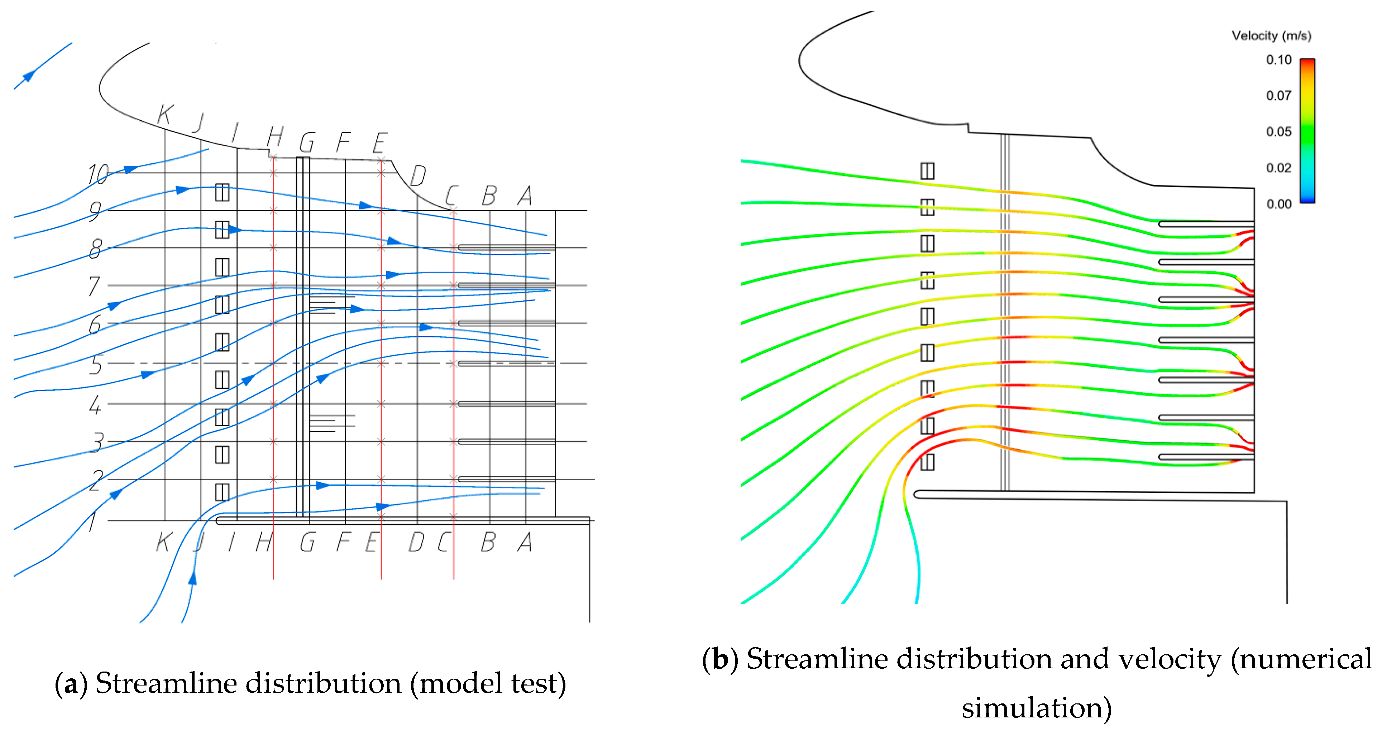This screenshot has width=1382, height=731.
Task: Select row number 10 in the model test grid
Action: coord(98,174)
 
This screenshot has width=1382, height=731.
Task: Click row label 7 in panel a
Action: coord(95,286)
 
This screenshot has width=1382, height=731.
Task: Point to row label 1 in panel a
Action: coord(92,521)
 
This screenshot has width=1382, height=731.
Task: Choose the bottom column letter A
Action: coord(525,542)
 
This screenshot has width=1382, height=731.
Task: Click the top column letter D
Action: coord(418,175)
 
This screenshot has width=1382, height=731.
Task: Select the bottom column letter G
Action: coord(307,542)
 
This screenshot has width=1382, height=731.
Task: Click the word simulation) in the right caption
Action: coord(1037,708)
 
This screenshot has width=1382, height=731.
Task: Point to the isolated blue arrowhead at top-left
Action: coord(28,76)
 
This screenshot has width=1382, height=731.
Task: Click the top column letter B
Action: coord(489,196)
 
